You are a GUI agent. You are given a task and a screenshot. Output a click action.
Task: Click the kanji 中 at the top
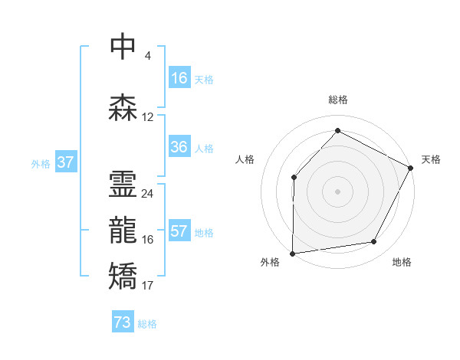(123, 47)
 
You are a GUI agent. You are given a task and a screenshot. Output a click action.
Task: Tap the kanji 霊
(123, 184)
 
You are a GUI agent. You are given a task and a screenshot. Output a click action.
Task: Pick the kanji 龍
(123, 230)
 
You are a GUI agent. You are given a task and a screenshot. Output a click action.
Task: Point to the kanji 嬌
(123, 276)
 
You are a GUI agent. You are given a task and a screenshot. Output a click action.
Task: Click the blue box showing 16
(179, 77)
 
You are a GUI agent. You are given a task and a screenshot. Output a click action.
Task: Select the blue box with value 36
(179, 147)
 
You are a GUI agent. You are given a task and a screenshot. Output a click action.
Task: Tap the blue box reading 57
(179, 231)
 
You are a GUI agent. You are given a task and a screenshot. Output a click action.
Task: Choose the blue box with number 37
(65, 162)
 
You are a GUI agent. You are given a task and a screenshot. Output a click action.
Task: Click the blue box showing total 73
(122, 322)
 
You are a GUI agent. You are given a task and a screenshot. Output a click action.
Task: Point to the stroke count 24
(147, 194)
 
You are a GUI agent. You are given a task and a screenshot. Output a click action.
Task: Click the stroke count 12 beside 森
(148, 117)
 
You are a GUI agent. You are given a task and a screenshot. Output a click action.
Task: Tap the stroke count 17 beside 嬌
(147, 286)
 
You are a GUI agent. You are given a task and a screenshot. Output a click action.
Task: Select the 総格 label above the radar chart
(337, 100)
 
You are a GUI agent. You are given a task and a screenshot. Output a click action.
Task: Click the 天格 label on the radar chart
(431, 159)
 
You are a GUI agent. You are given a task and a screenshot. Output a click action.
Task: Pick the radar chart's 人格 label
(245, 159)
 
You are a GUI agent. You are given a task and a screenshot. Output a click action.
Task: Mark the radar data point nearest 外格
(292, 253)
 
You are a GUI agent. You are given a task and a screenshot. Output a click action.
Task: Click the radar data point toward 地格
(374, 242)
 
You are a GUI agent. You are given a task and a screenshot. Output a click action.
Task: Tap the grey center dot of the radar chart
(337, 191)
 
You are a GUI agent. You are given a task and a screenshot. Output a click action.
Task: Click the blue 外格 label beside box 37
(41, 163)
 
